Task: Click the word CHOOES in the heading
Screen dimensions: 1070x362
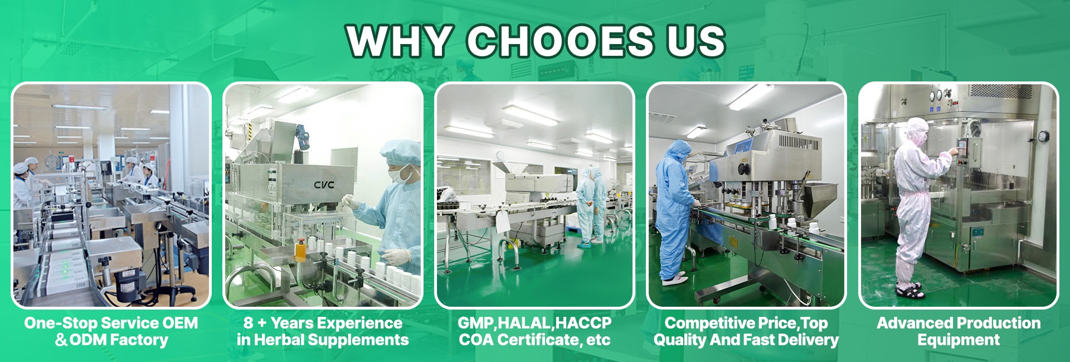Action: click(x=560, y=41)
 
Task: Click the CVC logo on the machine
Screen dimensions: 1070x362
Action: click(x=324, y=185)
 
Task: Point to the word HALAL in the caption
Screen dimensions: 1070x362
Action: click(x=524, y=323)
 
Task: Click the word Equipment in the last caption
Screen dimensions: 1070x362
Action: click(x=959, y=340)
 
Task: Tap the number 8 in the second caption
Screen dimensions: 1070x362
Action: click(x=248, y=323)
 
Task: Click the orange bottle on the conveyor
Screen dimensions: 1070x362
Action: click(x=301, y=250)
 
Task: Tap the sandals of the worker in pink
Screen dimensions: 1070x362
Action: click(x=909, y=291)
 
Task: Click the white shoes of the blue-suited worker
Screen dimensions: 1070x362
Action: click(x=675, y=277)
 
